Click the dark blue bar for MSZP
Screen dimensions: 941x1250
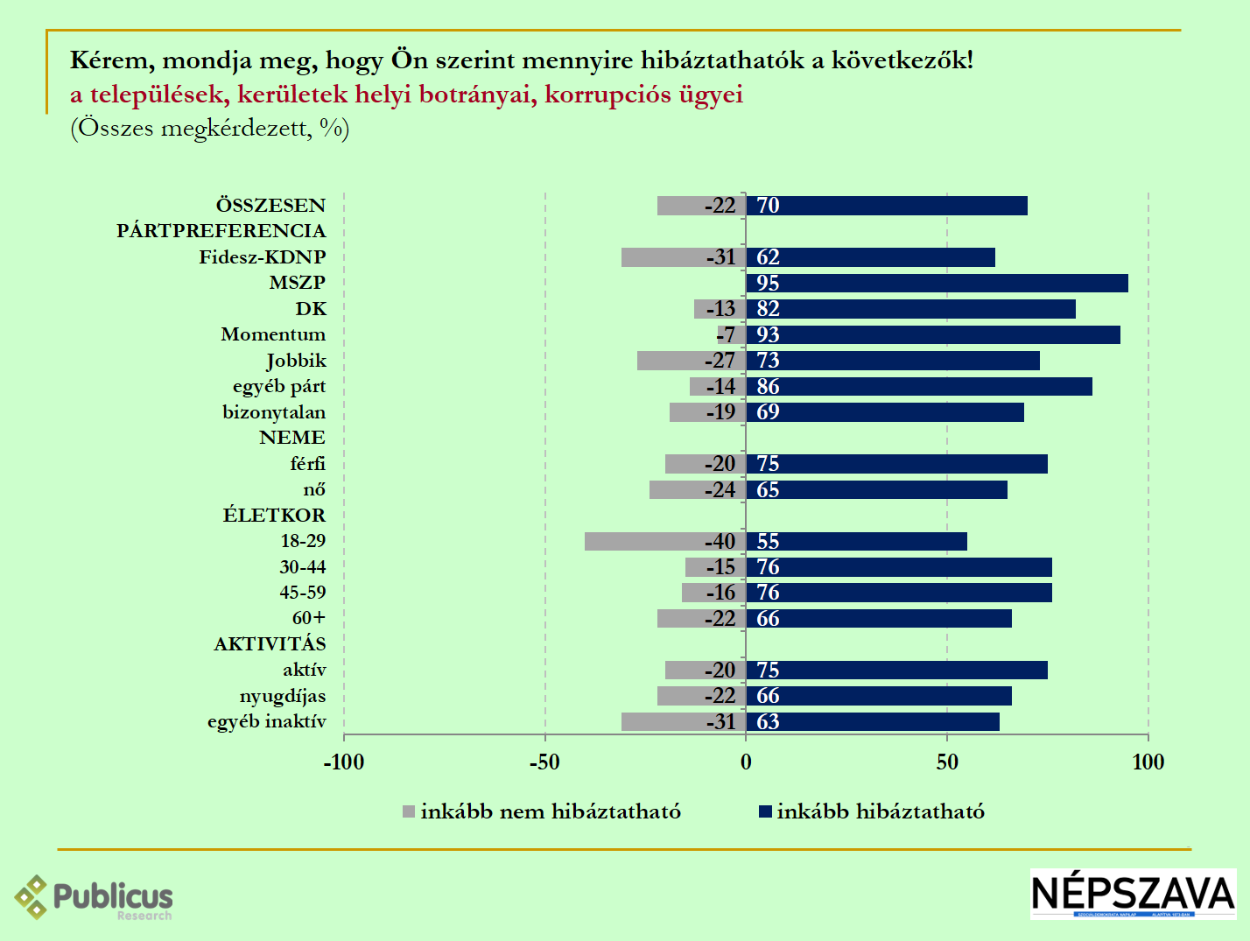click(937, 283)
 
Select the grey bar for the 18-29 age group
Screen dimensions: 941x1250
click(648, 541)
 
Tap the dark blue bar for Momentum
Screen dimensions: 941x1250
click(933, 334)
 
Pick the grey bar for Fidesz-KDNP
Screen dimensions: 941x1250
click(665, 257)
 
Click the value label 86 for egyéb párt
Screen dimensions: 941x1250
click(768, 387)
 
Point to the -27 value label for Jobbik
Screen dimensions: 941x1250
click(720, 361)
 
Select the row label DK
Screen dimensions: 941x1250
click(311, 309)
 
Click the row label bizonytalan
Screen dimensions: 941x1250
click(274, 412)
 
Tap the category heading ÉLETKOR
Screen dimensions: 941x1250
click(274, 515)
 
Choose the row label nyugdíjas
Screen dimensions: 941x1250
click(283, 696)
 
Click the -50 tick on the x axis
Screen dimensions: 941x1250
click(544, 762)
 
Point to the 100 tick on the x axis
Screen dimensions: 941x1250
click(1148, 762)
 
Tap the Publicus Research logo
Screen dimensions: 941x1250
click(94, 897)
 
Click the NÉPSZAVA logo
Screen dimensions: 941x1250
click(1133, 894)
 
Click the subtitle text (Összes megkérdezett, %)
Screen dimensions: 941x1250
click(210, 129)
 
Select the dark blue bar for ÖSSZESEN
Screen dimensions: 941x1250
click(886, 206)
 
